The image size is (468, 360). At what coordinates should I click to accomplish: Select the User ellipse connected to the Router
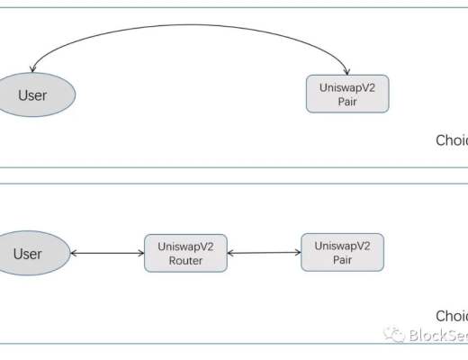(28, 253)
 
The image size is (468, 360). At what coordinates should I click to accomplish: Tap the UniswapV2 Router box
(185, 254)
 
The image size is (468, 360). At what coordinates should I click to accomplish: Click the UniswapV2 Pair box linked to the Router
(342, 252)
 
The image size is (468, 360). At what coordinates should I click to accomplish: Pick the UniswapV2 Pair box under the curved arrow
(347, 94)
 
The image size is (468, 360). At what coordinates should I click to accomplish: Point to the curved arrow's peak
(189, 26)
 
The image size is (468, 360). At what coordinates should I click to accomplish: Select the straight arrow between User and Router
(106, 254)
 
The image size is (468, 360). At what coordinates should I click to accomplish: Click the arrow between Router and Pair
(263, 254)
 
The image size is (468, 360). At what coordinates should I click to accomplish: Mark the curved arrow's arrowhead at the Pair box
(347, 72)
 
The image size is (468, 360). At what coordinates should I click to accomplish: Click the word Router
(185, 261)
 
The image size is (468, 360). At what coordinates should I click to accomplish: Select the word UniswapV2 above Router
(185, 247)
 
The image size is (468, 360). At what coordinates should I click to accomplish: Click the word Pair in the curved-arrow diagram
(347, 101)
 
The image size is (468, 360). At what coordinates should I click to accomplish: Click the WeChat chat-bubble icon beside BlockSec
(393, 335)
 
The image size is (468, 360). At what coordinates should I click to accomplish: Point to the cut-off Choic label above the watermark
(451, 316)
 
